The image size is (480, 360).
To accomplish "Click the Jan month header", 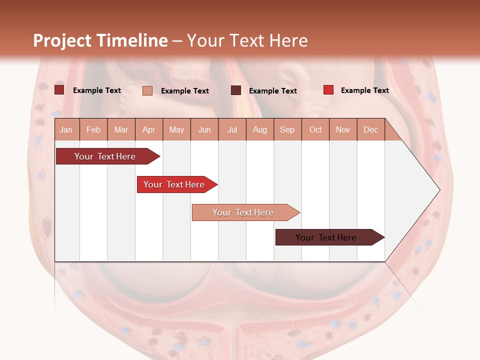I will (66, 130).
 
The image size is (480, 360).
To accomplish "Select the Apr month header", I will (149, 130).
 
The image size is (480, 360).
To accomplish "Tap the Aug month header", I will (260, 130).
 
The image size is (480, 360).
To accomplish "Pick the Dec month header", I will (370, 130).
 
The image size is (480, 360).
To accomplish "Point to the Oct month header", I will (315, 130).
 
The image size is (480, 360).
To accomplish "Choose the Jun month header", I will (204, 130).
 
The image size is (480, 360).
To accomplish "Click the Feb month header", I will (93, 130).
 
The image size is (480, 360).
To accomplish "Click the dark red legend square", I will (59, 90).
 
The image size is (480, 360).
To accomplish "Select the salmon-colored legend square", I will (147, 90).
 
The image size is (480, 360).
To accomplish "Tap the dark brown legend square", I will (236, 90).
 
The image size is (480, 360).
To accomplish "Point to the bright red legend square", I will (328, 90).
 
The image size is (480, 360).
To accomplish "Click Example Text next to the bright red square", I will (364, 90).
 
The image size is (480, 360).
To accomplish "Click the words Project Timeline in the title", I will (100, 40).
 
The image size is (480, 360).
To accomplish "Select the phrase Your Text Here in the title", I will (247, 40).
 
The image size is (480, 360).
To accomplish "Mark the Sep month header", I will (287, 130).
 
